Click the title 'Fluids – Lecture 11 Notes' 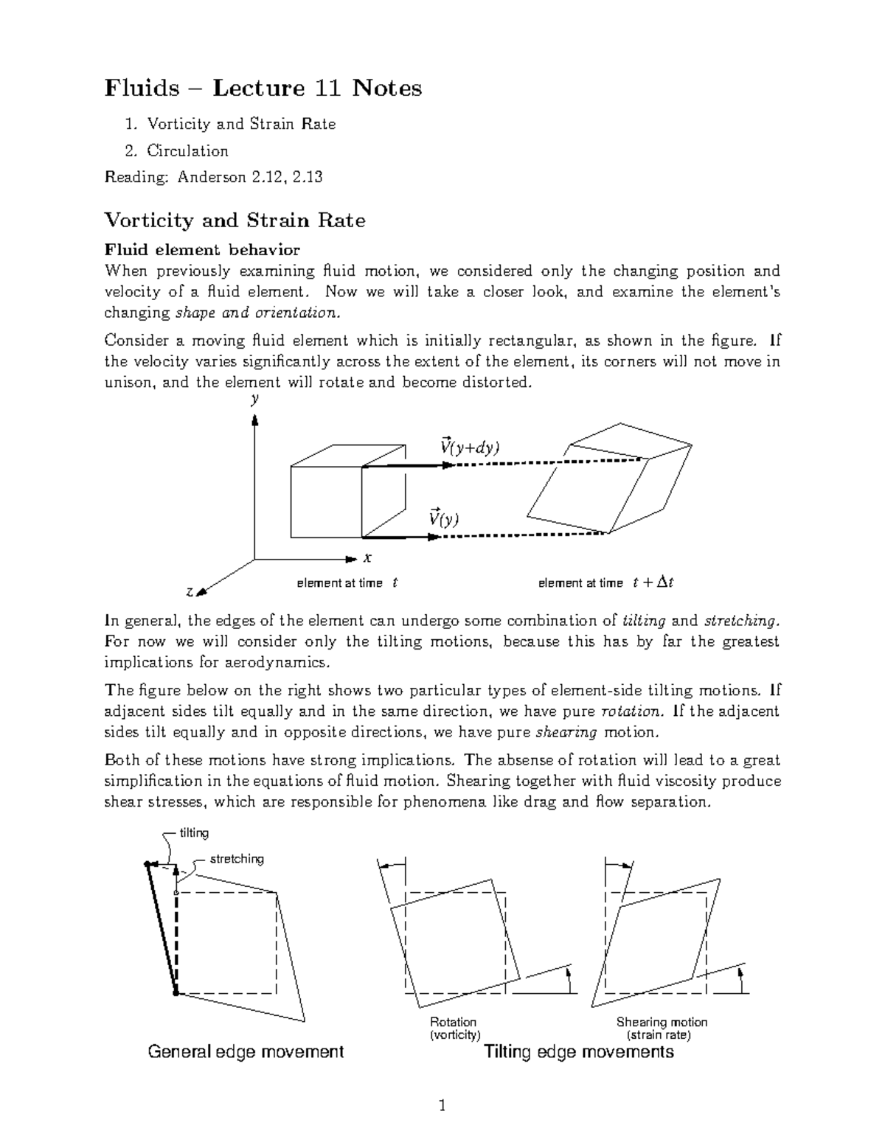point(263,88)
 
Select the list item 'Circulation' point(187,151)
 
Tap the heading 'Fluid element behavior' point(202,250)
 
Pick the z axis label point(190,592)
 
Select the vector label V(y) point(444,518)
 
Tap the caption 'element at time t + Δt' point(606,583)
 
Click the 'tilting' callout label point(195,832)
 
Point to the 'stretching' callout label point(237,859)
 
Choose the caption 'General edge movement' point(246,1051)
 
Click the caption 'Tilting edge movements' point(578,1051)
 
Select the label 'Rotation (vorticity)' point(454,1029)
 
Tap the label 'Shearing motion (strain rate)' point(662,1029)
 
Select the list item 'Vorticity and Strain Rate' point(240,125)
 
